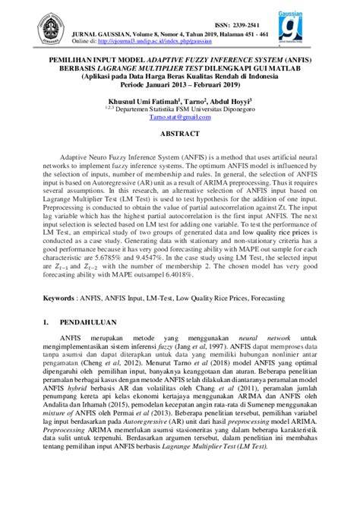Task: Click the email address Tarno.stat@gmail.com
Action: tap(180, 117)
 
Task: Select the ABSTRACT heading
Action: tap(180, 133)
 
